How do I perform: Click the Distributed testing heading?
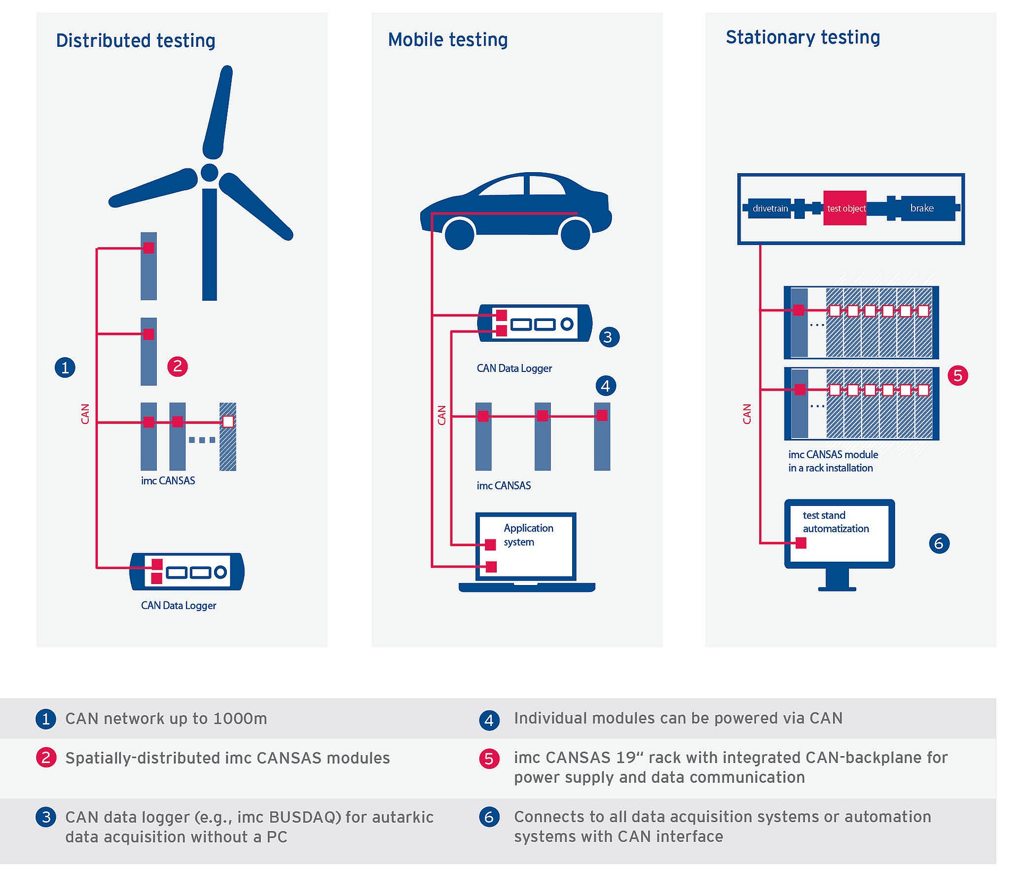click(135, 41)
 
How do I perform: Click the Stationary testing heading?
click(802, 38)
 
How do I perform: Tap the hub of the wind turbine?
click(209, 173)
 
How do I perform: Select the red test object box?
click(845, 208)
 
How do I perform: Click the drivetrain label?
click(770, 208)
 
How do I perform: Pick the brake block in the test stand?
click(922, 208)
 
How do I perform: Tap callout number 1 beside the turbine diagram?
click(65, 367)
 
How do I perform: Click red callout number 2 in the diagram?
click(177, 366)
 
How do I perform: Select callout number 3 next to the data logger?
click(608, 337)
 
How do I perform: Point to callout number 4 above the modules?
click(606, 386)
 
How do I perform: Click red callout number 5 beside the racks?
click(958, 376)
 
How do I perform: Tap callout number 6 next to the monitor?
click(939, 543)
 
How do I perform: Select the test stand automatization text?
click(835, 522)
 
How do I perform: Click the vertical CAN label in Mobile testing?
click(441, 415)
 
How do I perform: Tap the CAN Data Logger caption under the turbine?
click(178, 605)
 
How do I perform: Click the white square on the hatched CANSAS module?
click(228, 422)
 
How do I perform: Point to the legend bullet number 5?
click(489, 758)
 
